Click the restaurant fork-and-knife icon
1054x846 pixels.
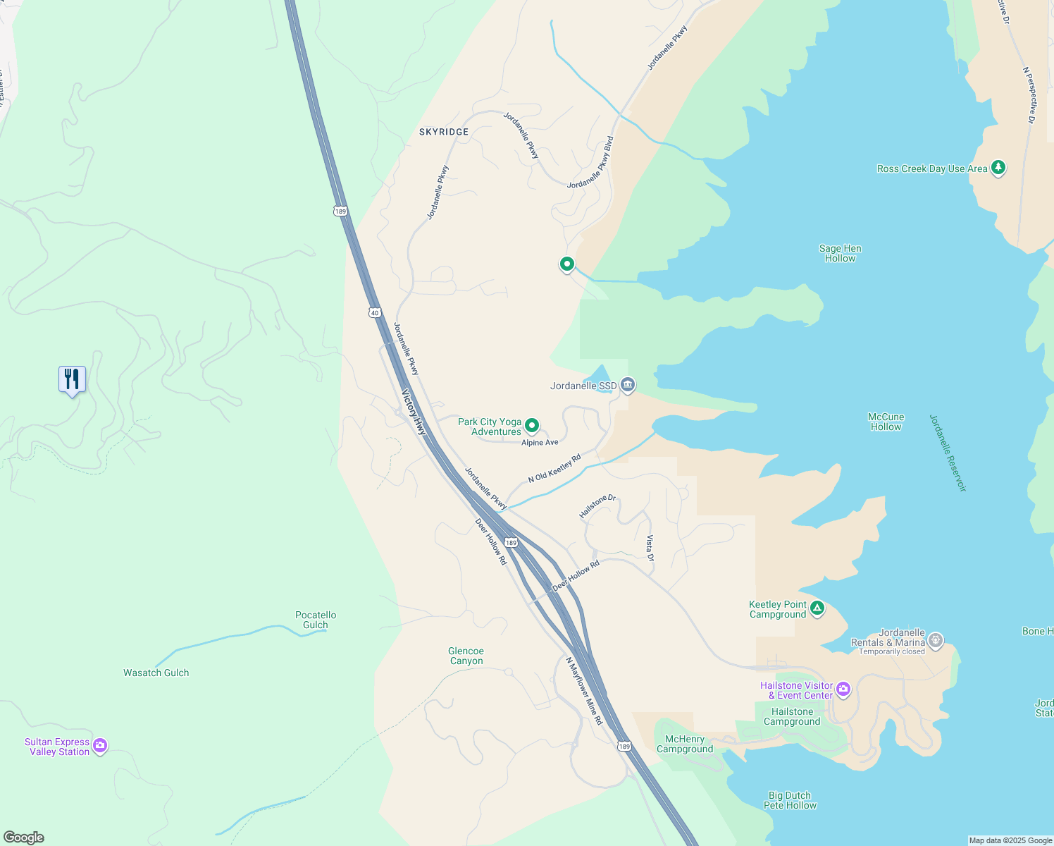72,379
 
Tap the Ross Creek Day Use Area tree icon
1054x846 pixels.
998,168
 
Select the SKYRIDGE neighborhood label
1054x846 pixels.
444,132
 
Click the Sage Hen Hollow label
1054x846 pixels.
840,253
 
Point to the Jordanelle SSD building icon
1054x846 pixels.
628,385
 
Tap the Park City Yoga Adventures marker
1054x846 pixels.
533,425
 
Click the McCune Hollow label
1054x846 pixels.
886,422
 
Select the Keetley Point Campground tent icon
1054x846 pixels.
817,608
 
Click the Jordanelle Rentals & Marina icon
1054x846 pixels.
936,640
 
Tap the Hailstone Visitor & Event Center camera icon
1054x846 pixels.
843,689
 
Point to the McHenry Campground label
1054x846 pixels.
685,744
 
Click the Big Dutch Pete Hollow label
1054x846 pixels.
790,800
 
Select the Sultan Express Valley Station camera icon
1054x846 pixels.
100,745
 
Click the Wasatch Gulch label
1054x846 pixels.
156,673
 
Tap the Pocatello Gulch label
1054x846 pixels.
316,620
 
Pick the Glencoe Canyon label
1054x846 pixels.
466,656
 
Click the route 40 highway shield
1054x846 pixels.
374,312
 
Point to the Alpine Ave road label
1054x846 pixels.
540,443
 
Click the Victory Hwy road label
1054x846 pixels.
414,412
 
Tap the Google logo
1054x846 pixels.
24,838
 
